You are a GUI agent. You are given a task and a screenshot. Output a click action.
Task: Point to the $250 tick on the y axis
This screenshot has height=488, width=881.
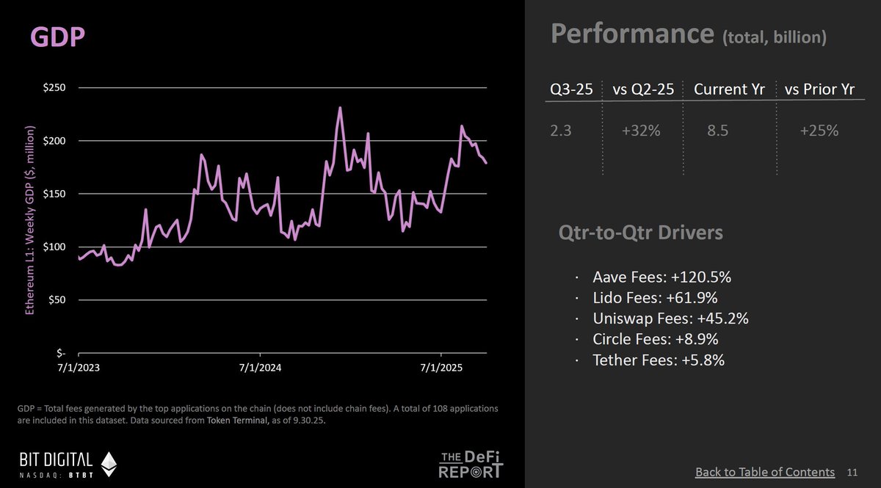[56, 88]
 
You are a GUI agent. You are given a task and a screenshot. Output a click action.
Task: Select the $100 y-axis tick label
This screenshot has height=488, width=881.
[56, 247]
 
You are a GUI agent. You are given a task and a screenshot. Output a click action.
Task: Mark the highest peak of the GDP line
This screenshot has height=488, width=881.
[340, 108]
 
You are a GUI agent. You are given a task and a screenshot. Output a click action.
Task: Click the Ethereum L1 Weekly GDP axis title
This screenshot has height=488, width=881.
[31, 221]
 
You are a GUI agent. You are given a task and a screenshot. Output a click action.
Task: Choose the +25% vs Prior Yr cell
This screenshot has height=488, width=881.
[819, 131]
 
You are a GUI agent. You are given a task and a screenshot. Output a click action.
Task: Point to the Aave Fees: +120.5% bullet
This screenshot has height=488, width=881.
[662, 278]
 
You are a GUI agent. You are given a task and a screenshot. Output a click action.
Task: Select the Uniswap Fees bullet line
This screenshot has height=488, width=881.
[670, 319]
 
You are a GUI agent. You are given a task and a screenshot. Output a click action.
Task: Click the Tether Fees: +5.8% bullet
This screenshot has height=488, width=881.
[659, 360]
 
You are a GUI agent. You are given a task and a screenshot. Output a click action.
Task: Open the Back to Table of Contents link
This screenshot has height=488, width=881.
[765, 472]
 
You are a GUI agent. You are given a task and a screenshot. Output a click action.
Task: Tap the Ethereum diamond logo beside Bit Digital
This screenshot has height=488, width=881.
[109, 465]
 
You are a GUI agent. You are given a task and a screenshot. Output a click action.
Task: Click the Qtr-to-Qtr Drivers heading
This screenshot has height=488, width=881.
[641, 233]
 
